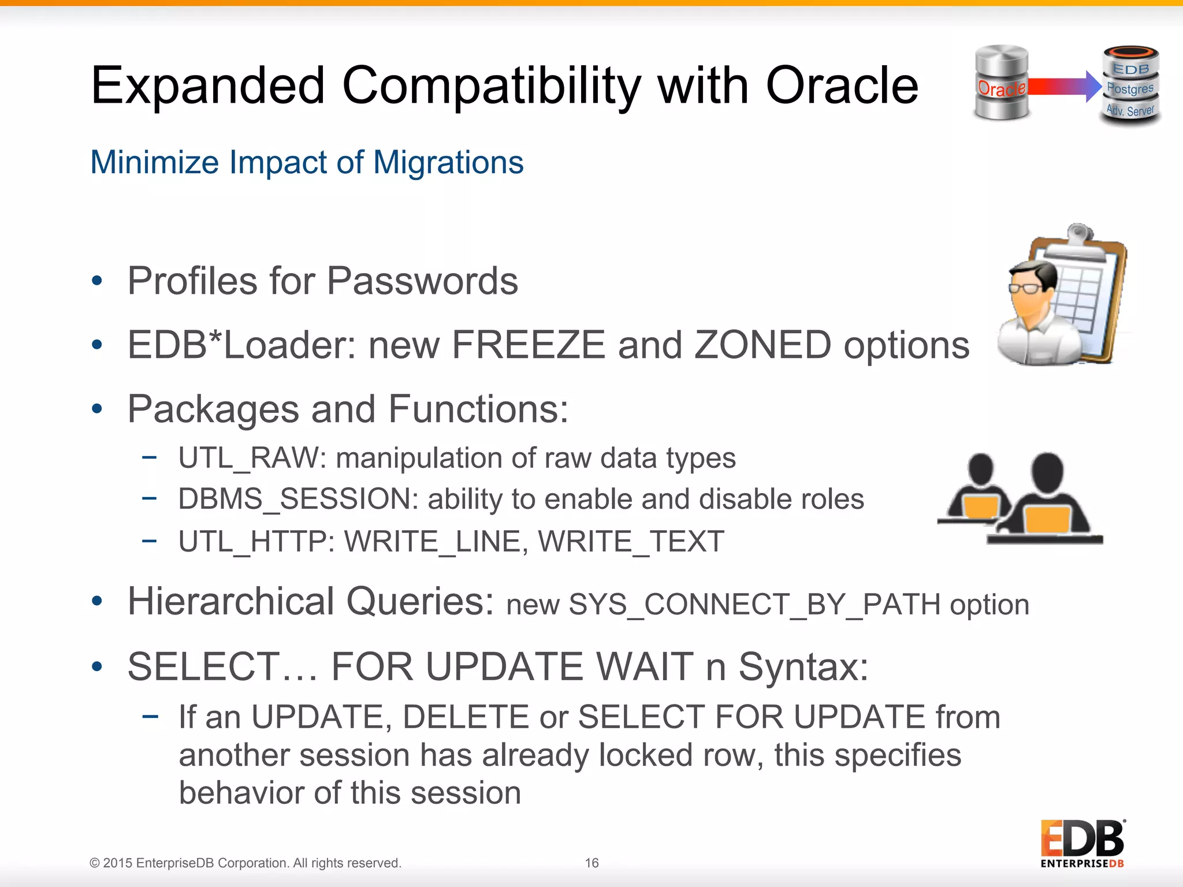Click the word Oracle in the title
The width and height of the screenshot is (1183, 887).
tap(841, 85)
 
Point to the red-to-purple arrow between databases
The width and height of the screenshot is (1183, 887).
tap(1063, 86)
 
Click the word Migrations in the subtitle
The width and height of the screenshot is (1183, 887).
tap(448, 162)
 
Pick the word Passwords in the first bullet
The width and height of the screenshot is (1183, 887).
tap(422, 281)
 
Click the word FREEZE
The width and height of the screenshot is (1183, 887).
tap(528, 345)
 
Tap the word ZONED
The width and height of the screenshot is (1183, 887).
tap(762, 345)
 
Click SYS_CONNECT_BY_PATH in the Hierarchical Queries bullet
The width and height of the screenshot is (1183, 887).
tap(754, 605)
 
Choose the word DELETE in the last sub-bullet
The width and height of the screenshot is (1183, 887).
tap(466, 717)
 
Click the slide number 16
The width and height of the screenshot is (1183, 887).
tap(591, 863)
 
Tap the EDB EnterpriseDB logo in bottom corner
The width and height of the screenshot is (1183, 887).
tap(1082, 843)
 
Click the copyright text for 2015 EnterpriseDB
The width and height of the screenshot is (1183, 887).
tap(245, 863)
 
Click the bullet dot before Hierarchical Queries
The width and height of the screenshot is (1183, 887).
tap(97, 601)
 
